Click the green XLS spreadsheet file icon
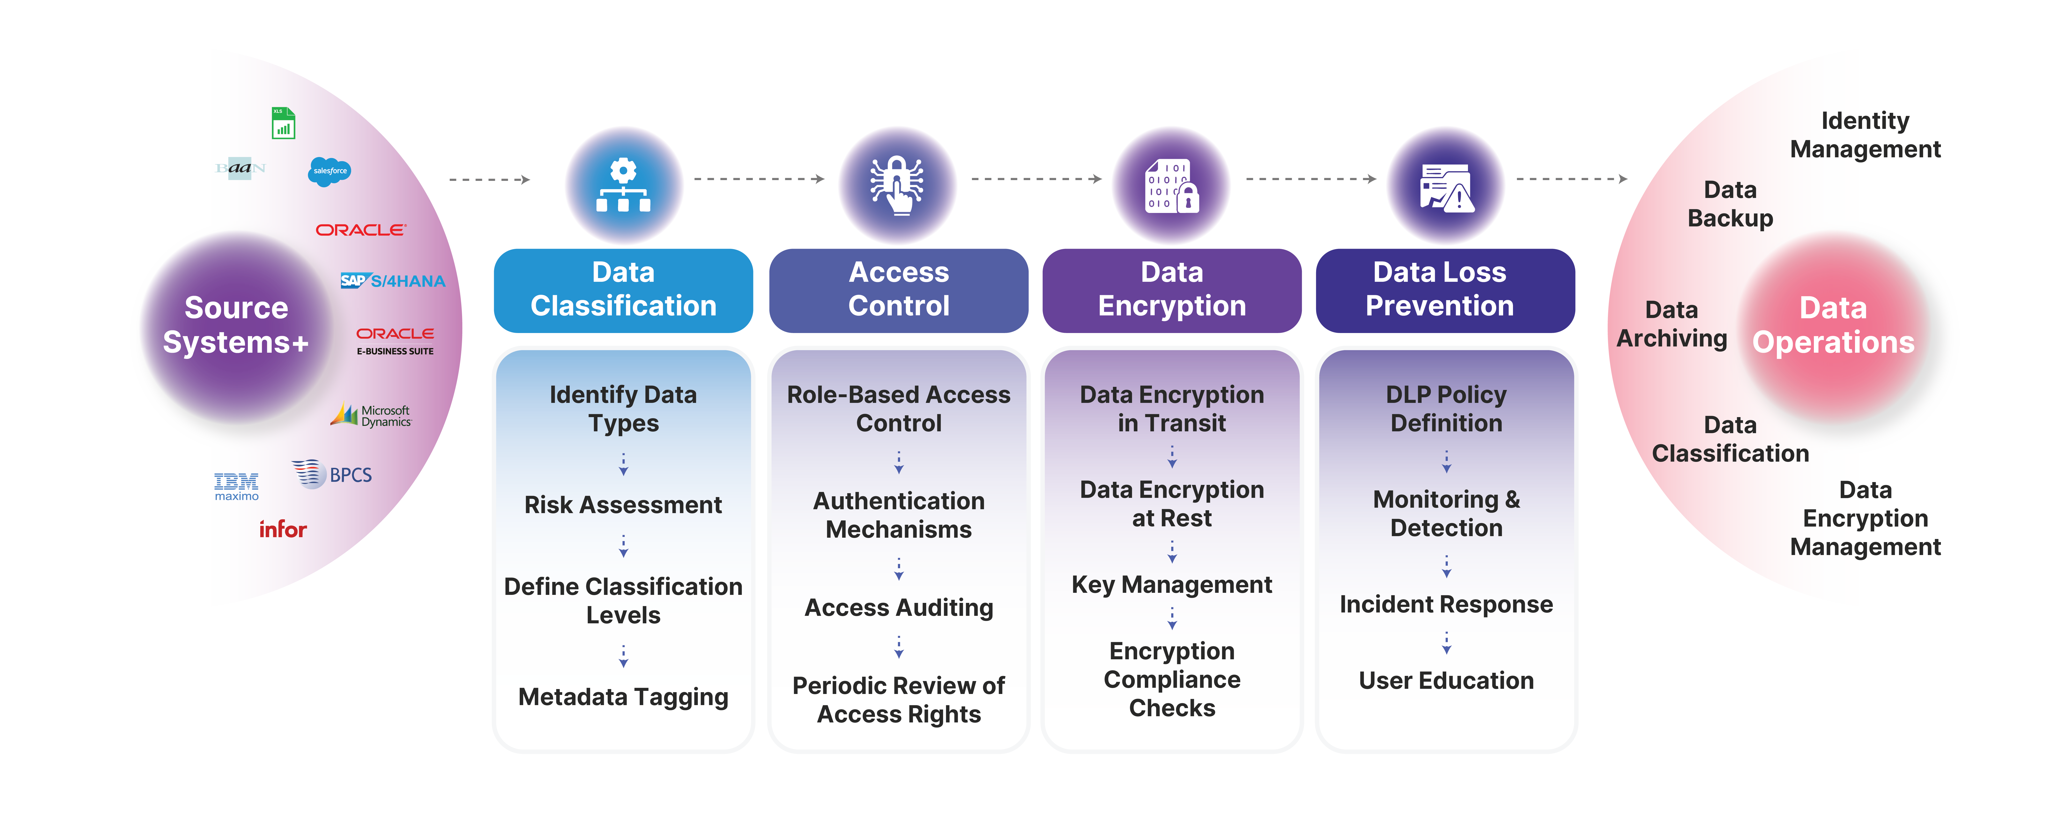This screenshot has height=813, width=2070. pos(283,124)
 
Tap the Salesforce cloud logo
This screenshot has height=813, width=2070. pos(329,171)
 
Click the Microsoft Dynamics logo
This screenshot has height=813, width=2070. pos(371,415)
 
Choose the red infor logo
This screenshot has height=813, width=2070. pos(283,529)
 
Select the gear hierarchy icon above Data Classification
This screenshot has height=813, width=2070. pos(624,186)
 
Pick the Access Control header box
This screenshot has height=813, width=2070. pos(898,290)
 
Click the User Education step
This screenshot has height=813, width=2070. pos(1446,681)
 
